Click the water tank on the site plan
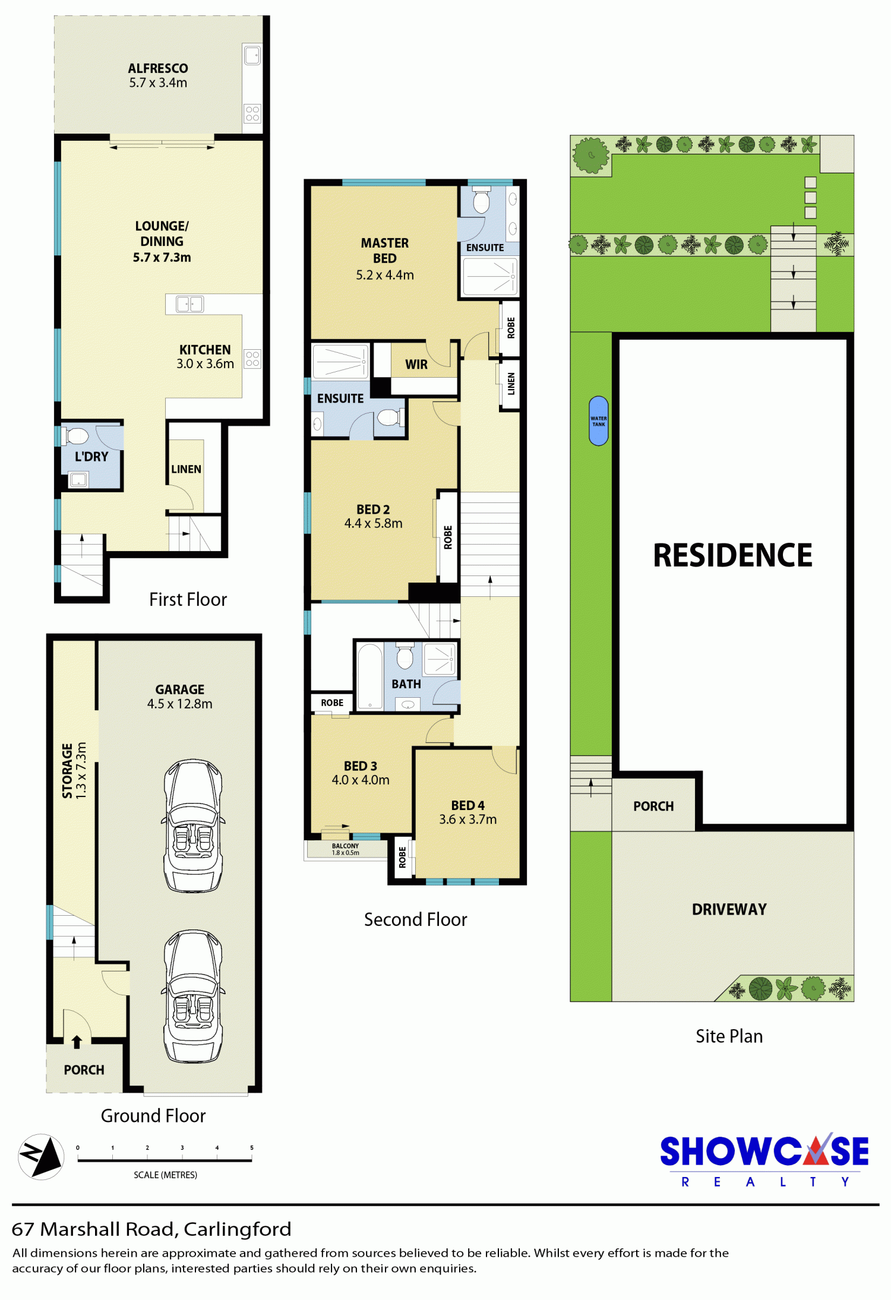[598, 421]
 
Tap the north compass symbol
[41, 1156]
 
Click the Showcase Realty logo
[764, 1160]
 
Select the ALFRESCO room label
[158, 68]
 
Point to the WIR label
[416, 365]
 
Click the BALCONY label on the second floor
[345, 846]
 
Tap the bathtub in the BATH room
[370, 676]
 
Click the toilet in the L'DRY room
[75, 437]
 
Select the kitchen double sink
[190, 304]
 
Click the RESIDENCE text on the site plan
[732, 555]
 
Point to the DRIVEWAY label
[729, 909]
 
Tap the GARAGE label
[179, 689]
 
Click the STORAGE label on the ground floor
[68, 771]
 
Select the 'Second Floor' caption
[415, 920]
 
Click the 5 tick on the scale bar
[252, 1148]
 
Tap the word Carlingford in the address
[237, 1229]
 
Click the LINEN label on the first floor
[186, 469]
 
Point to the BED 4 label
[467, 805]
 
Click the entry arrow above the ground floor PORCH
[77, 1042]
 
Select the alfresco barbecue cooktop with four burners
[252, 113]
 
